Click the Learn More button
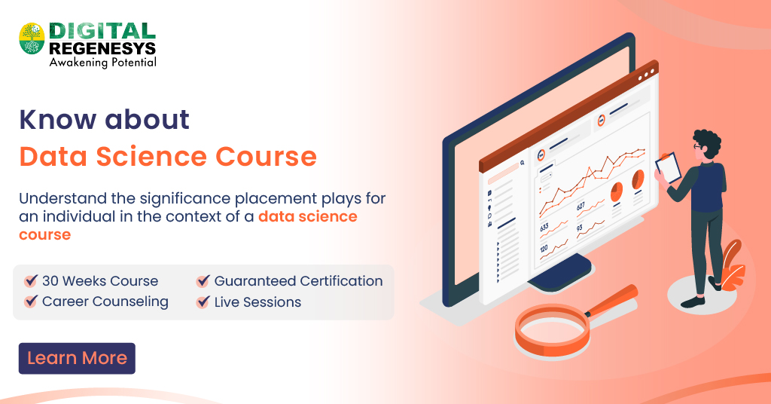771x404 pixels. (77, 359)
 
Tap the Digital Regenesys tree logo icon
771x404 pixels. (32, 38)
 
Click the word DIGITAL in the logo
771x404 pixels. (102, 30)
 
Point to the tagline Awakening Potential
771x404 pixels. (102, 63)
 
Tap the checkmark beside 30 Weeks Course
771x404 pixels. (31, 281)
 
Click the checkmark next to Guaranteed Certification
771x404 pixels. (203, 281)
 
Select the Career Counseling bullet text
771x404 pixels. (105, 302)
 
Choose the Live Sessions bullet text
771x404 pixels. (258, 302)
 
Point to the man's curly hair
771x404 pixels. (706, 141)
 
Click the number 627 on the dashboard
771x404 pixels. (581, 206)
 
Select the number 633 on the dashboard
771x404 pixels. (544, 226)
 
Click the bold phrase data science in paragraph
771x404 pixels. (307, 217)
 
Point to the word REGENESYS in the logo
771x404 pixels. (102, 47)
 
